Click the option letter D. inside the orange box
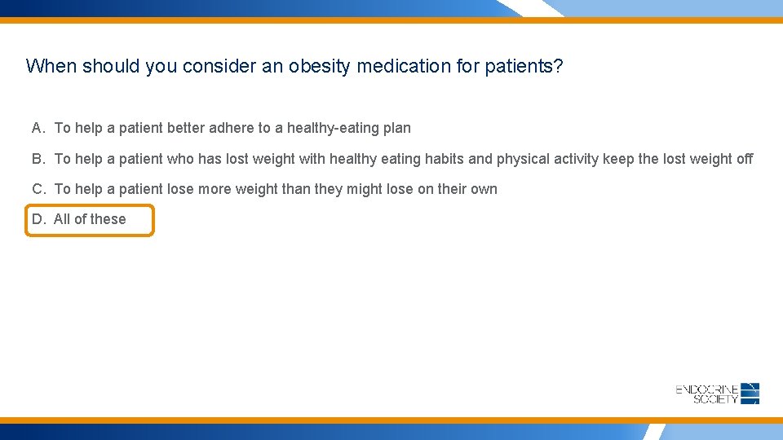point(39,219)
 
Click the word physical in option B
point(524,159)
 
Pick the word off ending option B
point(744,159)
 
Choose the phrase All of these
point(90,219)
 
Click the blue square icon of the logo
point(750,393)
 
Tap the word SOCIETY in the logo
point(715,398)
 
